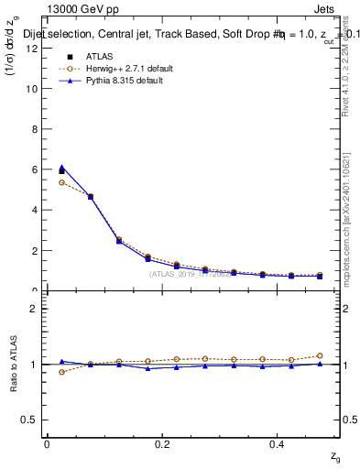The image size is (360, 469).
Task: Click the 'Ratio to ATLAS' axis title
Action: (13, 363)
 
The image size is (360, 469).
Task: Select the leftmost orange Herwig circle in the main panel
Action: (61, 182)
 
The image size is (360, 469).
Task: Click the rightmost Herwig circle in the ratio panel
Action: (320, 355)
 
